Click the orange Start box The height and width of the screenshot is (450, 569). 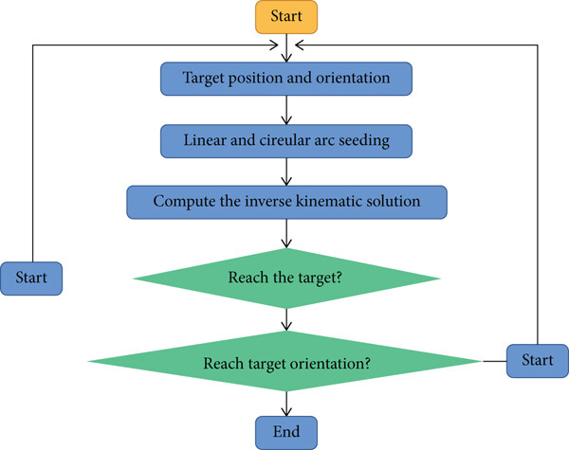point(286,17)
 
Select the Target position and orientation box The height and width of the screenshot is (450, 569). point(286,79)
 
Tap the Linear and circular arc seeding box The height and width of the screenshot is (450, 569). point(286,141)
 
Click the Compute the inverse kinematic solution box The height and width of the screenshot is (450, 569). point(286,203)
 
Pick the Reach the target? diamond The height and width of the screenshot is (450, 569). point(286,279)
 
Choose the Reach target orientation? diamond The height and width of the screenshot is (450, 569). point(286,361)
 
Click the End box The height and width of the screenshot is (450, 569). point(286,433)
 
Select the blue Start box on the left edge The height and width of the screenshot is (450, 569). point(31,279)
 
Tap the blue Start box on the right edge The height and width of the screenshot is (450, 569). point(538,361)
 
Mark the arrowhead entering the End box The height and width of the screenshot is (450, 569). point(286,411)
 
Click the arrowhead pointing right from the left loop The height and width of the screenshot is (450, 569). point(274,45)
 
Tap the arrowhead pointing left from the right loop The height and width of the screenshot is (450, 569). point(300,45)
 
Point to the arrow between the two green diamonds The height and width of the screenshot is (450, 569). point(286,320)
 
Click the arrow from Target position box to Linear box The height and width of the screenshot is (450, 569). point(286,110)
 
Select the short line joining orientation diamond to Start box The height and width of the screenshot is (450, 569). point(495,361)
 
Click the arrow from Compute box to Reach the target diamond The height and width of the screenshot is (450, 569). point(286,234)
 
